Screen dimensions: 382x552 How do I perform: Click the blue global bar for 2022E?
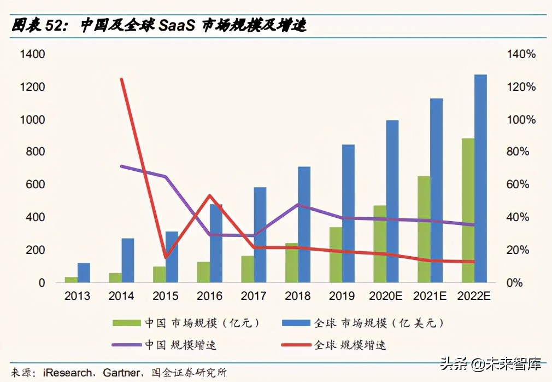(x=480, y=178)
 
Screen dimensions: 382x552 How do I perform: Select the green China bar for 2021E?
(x=424, y=229)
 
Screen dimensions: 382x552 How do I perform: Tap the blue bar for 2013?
(x=84, y=273)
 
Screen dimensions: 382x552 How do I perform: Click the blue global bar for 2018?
(x=304, y=224)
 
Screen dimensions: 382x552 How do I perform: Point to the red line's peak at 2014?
(x=121, y=79)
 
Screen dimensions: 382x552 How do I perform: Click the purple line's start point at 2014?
(x=121, y=166)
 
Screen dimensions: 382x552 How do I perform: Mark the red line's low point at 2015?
(x=166, y=257)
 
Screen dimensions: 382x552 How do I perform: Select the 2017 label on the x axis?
(x=254, y=297)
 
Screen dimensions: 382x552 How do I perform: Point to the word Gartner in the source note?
(x=120, y=373)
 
